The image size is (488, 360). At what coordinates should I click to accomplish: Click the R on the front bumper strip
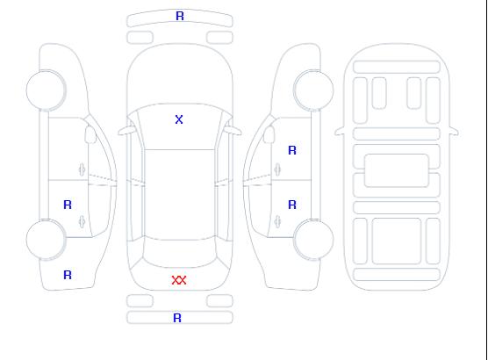tap(180, 16)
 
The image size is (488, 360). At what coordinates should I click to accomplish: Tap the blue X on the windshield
tap(179, 119)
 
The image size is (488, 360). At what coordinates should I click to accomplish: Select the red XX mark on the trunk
tap(179, 280)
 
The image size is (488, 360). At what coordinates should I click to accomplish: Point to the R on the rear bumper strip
tap(177, 318)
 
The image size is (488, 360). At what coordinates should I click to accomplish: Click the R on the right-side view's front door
tap(292, 150)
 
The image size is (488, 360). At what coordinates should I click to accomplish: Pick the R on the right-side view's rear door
tap(292, 205)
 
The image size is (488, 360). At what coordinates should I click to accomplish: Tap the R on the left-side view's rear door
tap(68, 205)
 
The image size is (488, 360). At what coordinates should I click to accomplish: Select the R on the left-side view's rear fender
tap(68, 275)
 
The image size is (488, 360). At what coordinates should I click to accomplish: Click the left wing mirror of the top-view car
tap(126, 131)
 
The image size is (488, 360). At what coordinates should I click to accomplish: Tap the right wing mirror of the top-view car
tap(233, 130)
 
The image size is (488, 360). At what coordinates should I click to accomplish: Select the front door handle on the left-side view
tap(82, 169)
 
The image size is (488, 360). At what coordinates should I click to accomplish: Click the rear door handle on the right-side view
tap(277, 221)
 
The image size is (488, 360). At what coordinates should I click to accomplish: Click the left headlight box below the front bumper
tap(140, 38)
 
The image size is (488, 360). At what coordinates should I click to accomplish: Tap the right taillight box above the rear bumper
tap(219, 301)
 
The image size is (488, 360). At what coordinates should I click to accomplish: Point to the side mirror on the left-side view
tap(90, 134)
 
